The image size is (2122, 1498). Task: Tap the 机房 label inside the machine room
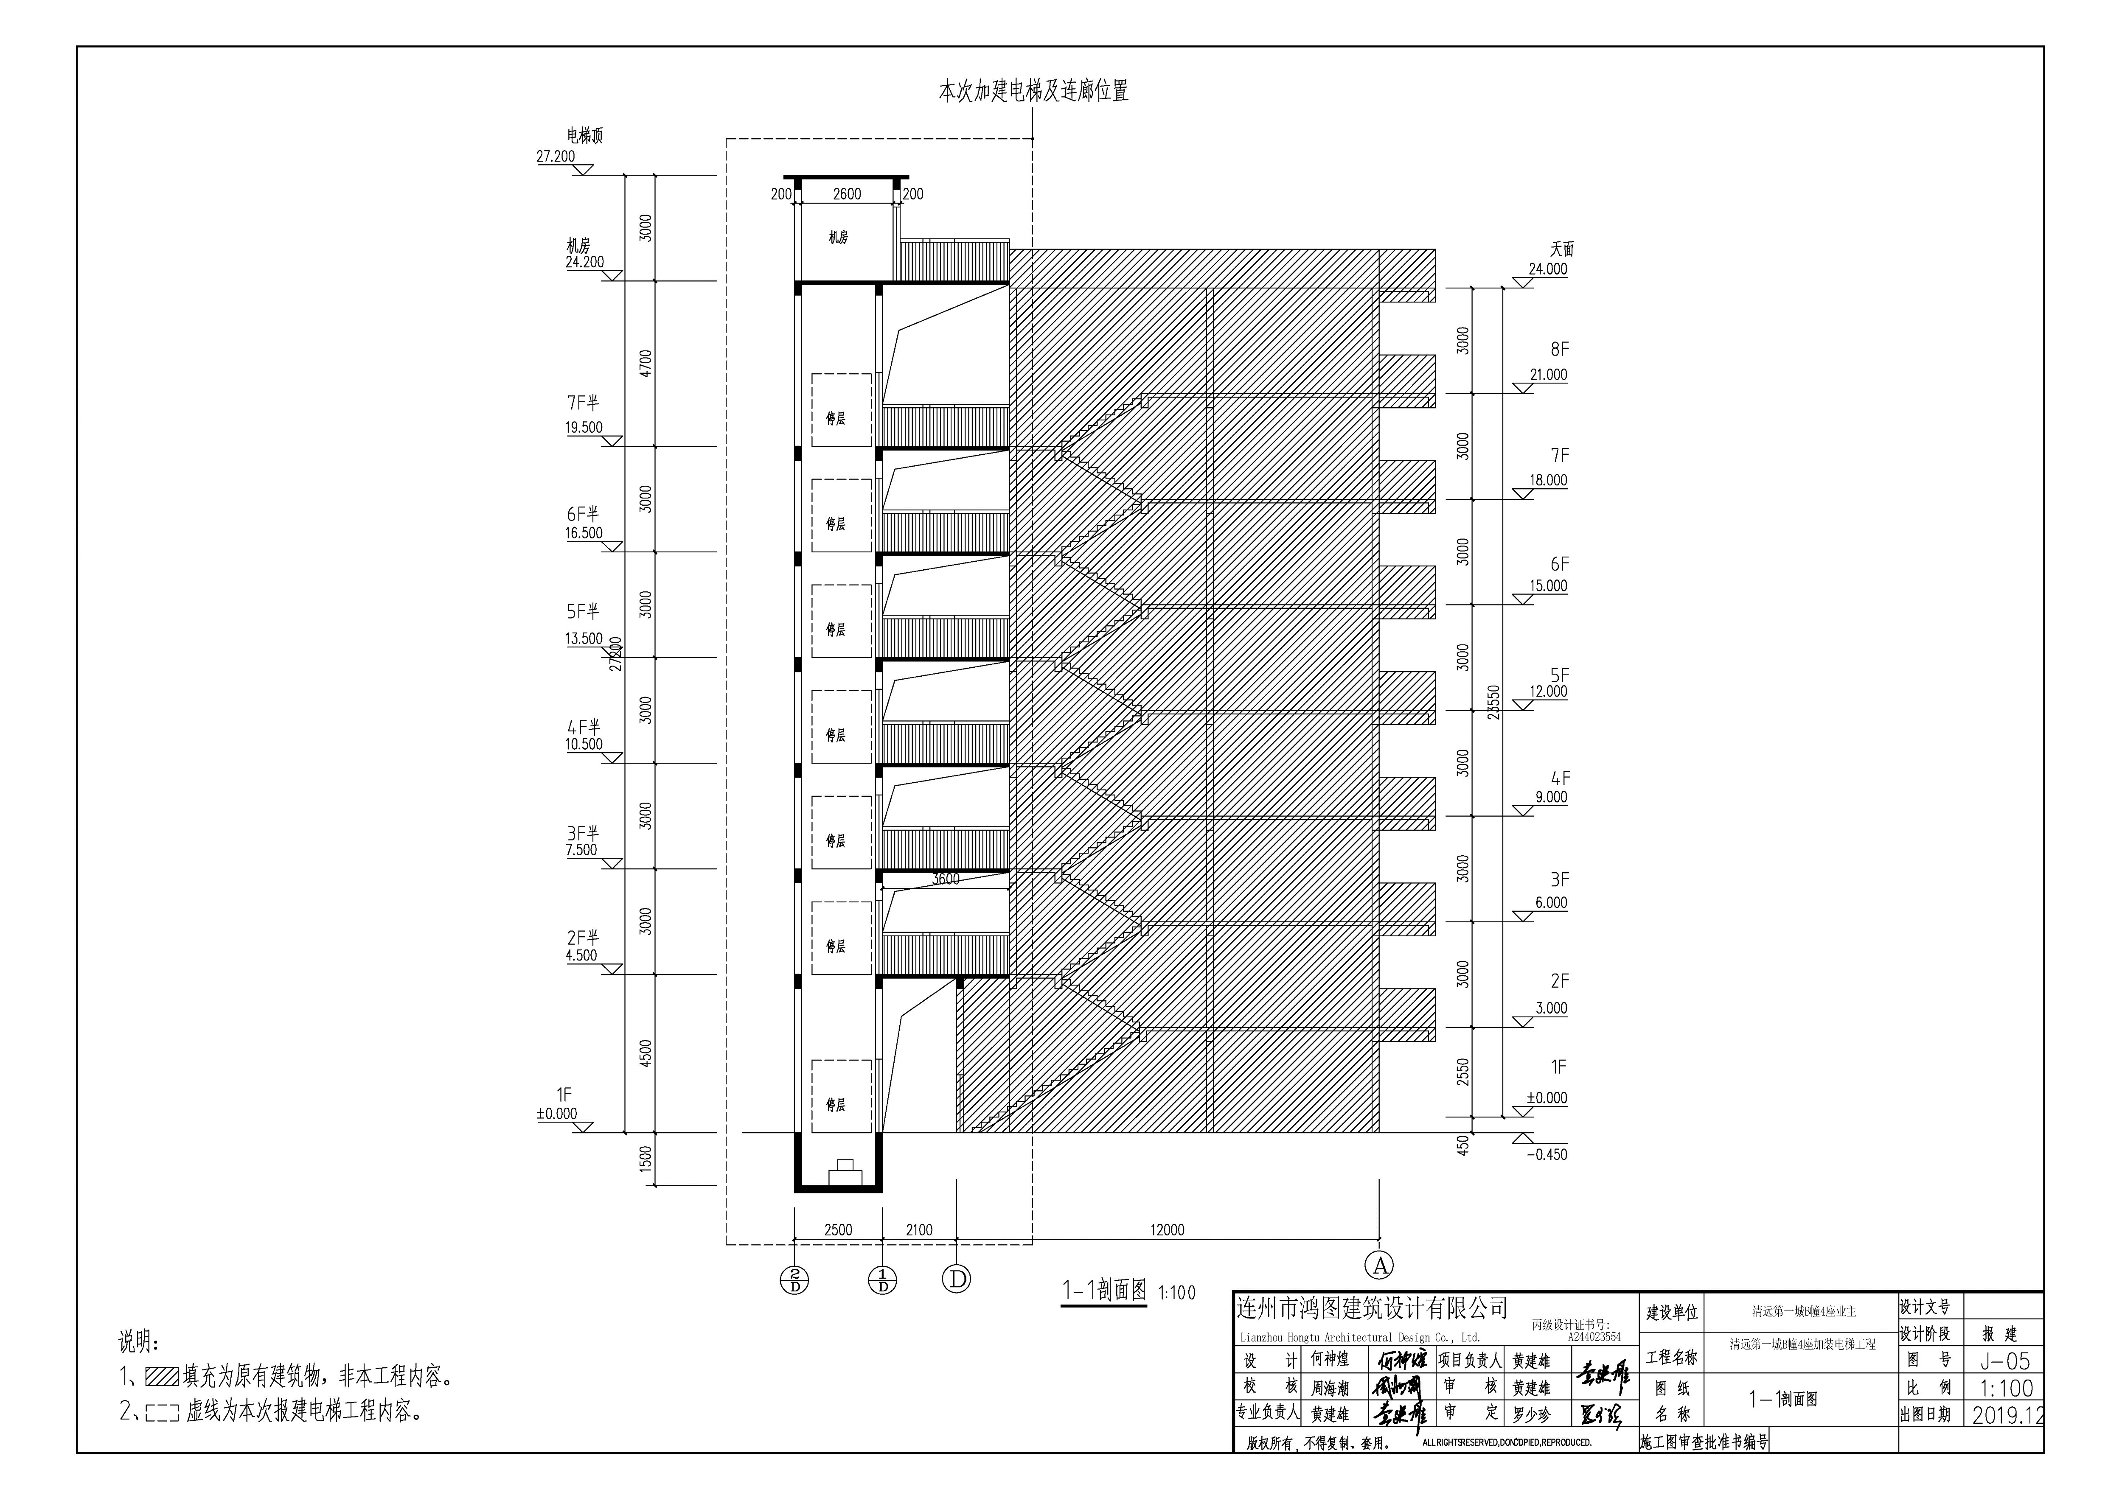coord(837,238)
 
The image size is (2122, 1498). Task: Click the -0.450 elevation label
coord(1547,1154)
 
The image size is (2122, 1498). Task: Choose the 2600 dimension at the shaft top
coord(847,194)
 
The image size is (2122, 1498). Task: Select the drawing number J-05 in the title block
coord(2004,1361)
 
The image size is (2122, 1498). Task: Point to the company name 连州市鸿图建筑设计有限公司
coord(1372,1308)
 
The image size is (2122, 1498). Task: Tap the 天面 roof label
coord(1562,249)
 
